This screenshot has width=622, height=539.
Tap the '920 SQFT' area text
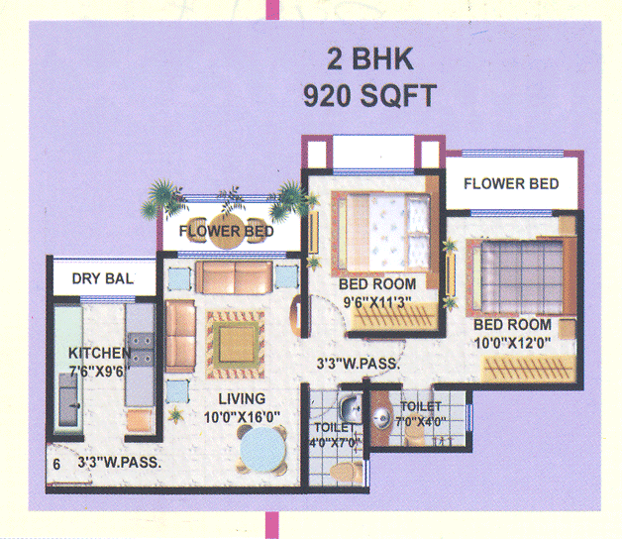coord(368,96)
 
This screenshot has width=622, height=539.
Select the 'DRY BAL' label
coord(102,279)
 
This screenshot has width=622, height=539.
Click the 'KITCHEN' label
coord(98,354)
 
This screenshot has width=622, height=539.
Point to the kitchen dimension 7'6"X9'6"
coord(102,373)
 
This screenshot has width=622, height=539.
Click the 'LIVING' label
coord(243,399)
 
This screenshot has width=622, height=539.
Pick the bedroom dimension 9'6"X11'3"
coord(376,303)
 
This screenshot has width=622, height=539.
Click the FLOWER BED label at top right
coord(510,183)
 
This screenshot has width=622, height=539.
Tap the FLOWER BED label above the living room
coord(226,233)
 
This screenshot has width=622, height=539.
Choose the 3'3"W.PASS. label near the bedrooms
coord(358,364)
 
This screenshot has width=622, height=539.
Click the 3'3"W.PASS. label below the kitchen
coord(119,462)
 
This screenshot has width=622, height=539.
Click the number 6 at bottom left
coord(56,463)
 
